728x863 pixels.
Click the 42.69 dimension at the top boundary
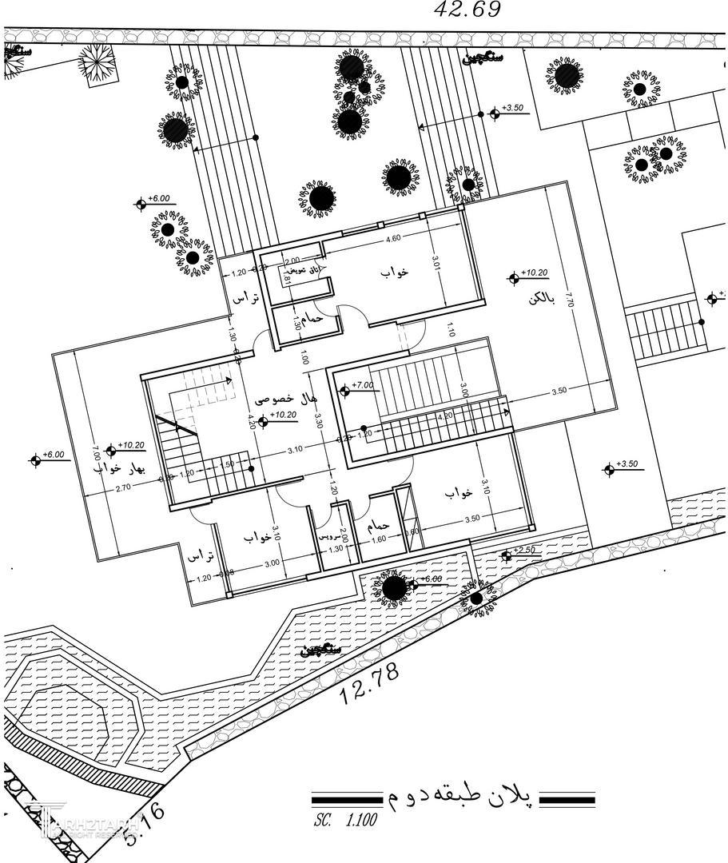tap(467, 10)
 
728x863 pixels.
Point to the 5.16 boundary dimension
tap(145, 823)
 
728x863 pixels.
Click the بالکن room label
tap(539, 299)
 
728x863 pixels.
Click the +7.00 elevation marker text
tap(363, 386)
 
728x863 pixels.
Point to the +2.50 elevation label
tap(524, 551)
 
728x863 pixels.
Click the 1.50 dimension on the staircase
tap(226, 464)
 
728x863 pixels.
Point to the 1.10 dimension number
tap(451, 328)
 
